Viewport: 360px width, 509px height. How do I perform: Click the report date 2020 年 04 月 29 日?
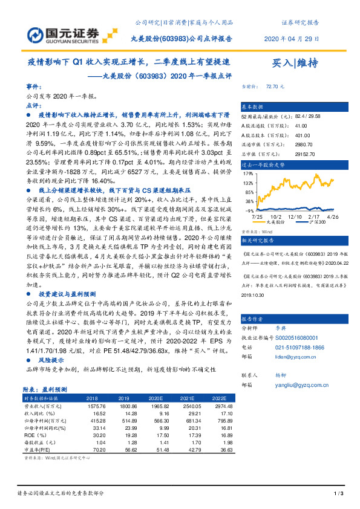(x=290, y=38)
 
